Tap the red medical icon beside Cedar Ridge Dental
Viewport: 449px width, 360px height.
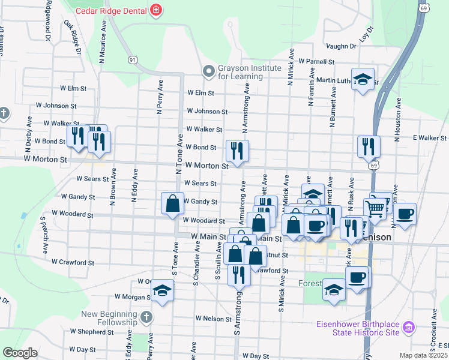tap(156, 10)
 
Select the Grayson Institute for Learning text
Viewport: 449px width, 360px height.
tap(241, 72)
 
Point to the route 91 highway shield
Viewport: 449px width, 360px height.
tap(133, 59)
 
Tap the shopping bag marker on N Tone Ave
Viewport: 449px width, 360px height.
tap(172, 203)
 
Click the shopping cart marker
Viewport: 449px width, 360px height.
tap(375, 209)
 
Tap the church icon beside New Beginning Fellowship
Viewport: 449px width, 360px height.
tap(146, 317)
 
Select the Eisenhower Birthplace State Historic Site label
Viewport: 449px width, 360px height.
tap(358, 328)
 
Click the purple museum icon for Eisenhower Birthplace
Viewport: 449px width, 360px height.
tap(409, 328)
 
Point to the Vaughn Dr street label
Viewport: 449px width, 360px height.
tap(342, 46)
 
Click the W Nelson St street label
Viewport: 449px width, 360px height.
tap(213, 319)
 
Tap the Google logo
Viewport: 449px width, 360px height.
tap(20, 353)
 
